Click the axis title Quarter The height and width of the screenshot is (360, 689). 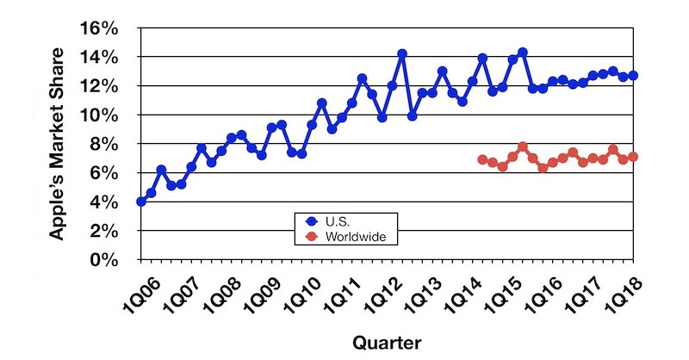tap(387, 343)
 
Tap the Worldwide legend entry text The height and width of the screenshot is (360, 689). tap(353, 235)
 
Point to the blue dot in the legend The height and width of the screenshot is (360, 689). tap(313, 220)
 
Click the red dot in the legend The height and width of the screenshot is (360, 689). tap(313, 235)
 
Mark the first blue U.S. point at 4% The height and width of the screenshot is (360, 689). tap(141, 202)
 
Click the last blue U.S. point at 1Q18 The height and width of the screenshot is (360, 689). tap(633, 76)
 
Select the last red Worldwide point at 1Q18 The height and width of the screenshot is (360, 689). tap(633, 157)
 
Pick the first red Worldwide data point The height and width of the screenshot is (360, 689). tap(482, 159)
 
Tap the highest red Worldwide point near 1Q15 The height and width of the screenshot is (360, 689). tap(523, 146)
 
